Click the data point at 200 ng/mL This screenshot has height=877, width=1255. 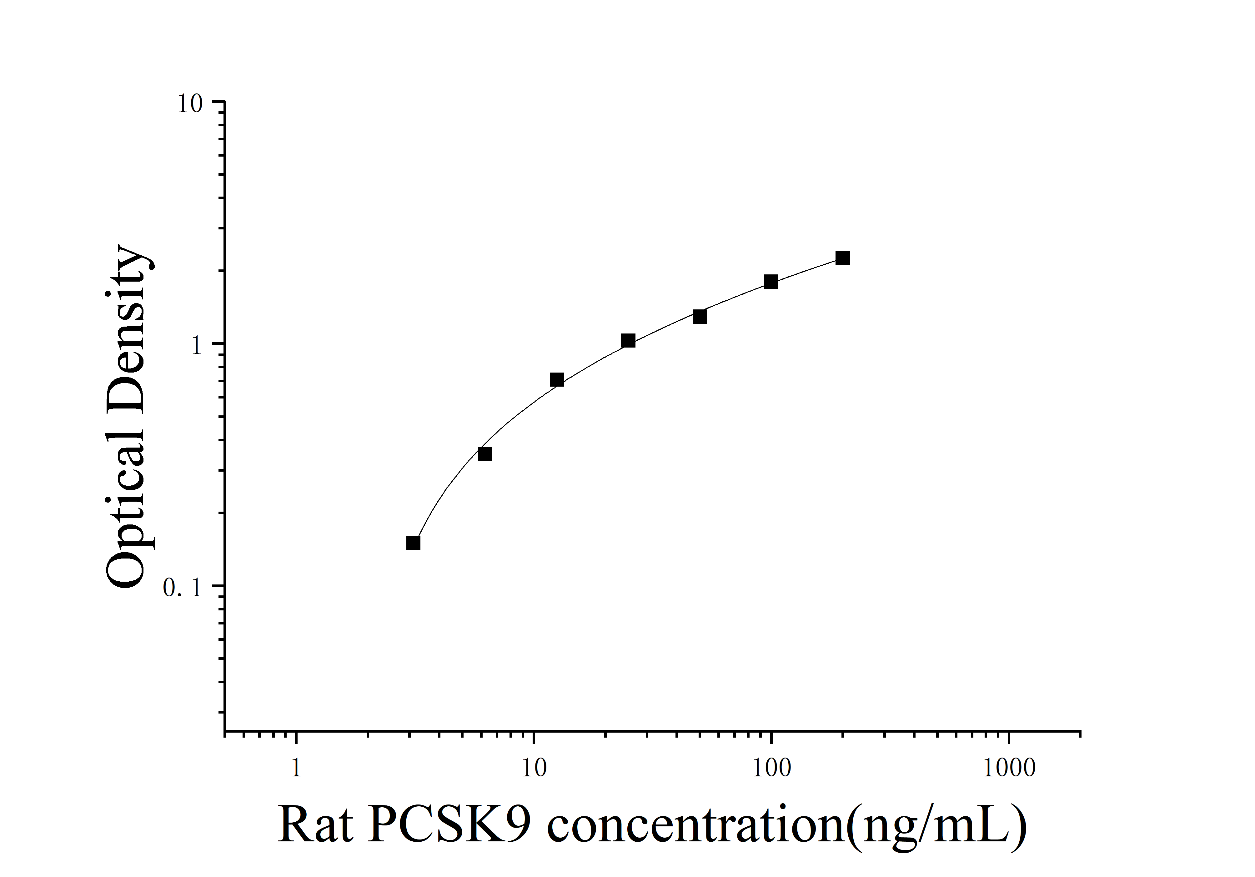(x=842, y=258)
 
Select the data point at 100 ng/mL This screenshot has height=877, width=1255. (x=771, y=282)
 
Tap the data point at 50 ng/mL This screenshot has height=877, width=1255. (x=699, y=316)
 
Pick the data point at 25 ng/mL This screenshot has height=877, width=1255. (x=628, y=341)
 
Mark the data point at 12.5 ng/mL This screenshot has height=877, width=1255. (x=556, y=380)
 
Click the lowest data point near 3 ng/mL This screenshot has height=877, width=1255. (x=413, y=543)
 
